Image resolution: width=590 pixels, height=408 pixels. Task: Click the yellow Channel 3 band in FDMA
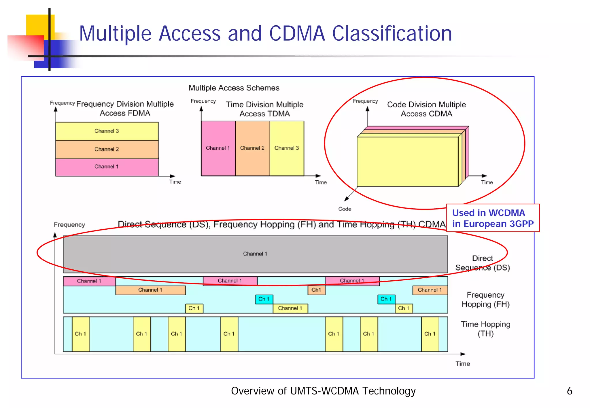107,131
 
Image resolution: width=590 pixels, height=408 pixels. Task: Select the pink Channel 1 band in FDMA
107,167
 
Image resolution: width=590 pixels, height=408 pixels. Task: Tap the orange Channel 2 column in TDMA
252,148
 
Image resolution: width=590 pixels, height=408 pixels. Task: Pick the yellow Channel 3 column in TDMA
287,148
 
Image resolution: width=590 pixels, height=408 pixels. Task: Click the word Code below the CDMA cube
345,209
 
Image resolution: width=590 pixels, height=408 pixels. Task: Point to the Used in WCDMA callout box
493,218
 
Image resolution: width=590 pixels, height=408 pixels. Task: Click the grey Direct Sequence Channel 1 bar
255,254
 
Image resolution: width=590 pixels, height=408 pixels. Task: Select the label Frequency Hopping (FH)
485,300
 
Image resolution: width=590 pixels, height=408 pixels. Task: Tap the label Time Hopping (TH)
485,329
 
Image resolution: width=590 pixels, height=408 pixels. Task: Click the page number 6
569,391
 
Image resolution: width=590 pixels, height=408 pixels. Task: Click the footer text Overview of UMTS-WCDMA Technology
323,391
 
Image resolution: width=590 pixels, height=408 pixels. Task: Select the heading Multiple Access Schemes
234,88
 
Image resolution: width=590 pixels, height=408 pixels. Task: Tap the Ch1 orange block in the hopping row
316,290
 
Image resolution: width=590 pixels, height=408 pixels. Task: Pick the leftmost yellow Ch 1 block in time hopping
81,334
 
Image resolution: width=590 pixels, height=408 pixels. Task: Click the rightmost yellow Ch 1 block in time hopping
430,334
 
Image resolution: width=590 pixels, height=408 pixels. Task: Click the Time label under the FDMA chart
175,182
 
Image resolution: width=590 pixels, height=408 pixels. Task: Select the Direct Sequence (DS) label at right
483,263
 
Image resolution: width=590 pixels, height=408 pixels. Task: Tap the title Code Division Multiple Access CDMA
426,109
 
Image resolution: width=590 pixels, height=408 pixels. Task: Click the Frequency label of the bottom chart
69,225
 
